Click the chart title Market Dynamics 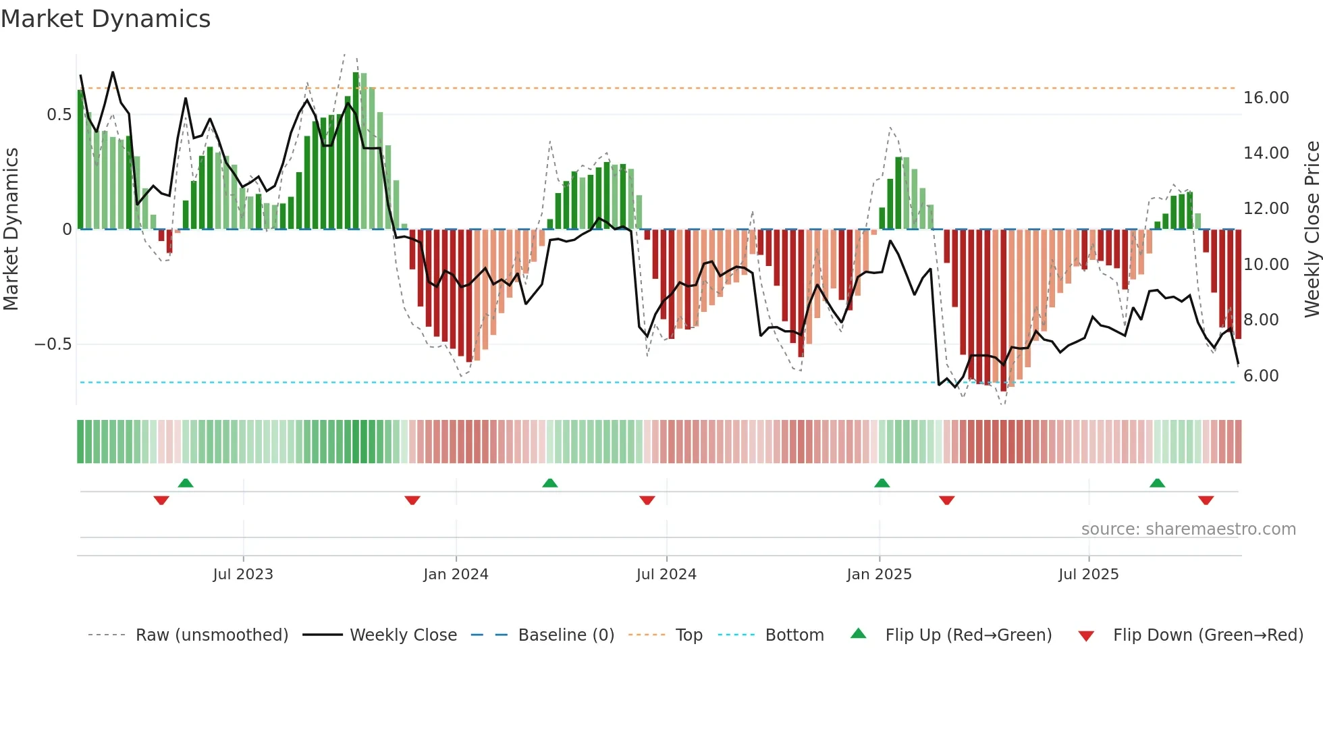tap(105, 19)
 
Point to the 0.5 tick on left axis tap(59, 115)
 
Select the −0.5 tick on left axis tap(53, 344)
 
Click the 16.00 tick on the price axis tap(1266, 98)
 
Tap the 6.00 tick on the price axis tap(1261, 376)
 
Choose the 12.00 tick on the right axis tap(1266, 209)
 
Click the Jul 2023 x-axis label tap(243, 575)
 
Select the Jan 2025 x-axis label tap(879, 575)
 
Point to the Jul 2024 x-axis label tap(666, 575)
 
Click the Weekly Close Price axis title tap(1312, 229)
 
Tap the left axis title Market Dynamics tap(11, 229)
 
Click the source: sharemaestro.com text tap(1188, 529)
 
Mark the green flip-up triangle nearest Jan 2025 tap(882, 483)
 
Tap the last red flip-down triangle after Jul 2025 tap(1206, 500)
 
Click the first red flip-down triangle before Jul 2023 tap(161, 500)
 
